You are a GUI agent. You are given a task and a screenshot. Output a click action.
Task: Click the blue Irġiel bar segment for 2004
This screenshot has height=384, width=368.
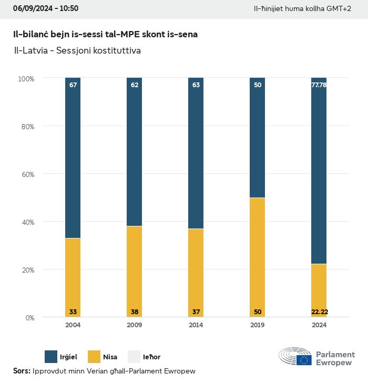point(73,158)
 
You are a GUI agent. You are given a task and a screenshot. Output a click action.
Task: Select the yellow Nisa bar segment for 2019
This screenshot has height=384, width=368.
point(258,257)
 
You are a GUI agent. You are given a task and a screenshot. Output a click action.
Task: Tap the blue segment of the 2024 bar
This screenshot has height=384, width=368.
point(319,173)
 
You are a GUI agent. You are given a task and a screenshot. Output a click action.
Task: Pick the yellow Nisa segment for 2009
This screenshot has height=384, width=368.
point(135,271)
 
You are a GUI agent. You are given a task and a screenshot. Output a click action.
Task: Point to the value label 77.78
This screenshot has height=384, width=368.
point(319,85)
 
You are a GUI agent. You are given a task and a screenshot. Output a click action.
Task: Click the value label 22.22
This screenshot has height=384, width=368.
point(319,312)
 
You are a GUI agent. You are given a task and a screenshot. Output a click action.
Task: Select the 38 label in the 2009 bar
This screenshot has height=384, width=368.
point(135,312)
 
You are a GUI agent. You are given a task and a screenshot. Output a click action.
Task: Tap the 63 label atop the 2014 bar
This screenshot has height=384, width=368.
point(196,85)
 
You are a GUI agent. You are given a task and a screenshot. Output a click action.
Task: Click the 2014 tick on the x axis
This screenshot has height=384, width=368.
point(196,325)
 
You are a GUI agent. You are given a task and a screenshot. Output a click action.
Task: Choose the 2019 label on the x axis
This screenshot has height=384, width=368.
point(258,325)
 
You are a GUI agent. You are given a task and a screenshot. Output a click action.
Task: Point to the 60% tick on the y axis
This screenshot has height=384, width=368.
point(26,174)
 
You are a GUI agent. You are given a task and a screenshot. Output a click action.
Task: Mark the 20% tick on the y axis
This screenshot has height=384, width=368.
point(26,270)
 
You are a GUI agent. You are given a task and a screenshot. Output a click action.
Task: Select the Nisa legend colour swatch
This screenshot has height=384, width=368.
point(94,357)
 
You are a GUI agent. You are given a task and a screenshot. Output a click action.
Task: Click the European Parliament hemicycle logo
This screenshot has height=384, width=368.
point(295,357)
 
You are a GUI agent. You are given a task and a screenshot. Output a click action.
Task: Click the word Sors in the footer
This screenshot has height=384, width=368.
point(21,371)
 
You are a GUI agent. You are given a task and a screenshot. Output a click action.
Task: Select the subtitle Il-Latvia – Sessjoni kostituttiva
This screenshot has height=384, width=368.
point(78,51)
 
